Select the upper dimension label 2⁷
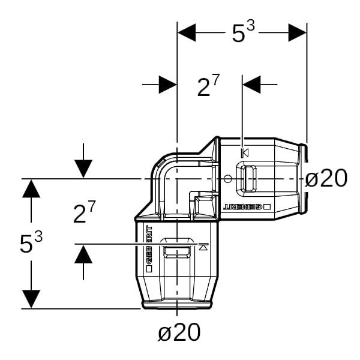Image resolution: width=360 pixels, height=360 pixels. [x=208, y=85]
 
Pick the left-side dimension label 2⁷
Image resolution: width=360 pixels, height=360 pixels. [x=84, y=212]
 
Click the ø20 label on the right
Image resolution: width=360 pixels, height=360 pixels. [x=326, y=178]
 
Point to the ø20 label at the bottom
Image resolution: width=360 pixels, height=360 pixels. [x=179, y=332]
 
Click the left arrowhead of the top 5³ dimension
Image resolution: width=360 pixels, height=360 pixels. [x=187, y=32]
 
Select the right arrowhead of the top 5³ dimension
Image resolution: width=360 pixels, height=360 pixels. [x=298, y=32]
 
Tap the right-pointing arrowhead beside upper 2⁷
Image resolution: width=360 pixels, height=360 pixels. [x=167, y=85]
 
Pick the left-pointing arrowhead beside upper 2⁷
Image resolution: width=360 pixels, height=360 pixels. [x=251, y=85]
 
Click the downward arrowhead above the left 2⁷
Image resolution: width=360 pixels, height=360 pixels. [x=83, y=169]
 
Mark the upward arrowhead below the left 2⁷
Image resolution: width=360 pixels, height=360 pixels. [x=83, y=254]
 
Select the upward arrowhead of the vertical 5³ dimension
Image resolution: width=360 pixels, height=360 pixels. [x=31, y=189]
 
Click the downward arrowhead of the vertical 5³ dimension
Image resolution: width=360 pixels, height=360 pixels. [x=31, y=299]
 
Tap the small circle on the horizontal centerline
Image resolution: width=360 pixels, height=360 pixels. [x=227, y=178]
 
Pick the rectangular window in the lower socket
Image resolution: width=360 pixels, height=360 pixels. [x=177, y=252]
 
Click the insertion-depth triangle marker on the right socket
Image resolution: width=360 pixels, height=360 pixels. [x=245, y=152]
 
